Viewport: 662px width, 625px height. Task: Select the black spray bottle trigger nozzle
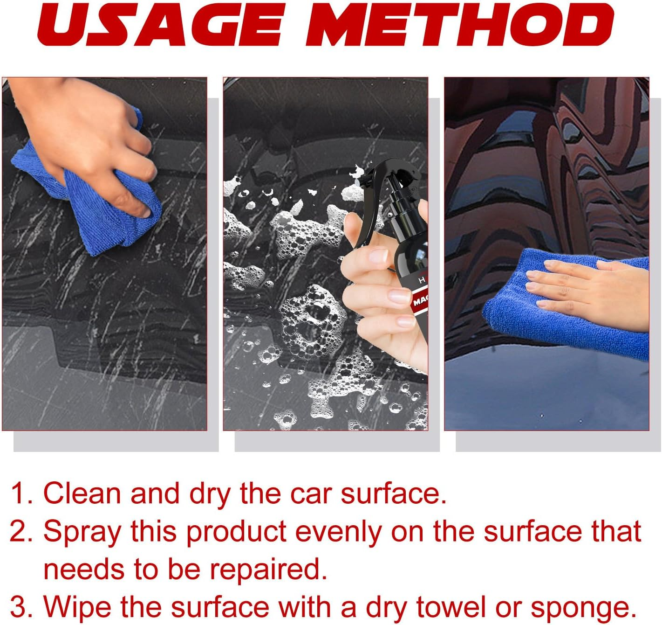point(387,175)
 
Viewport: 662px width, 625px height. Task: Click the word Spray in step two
point(82,532)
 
